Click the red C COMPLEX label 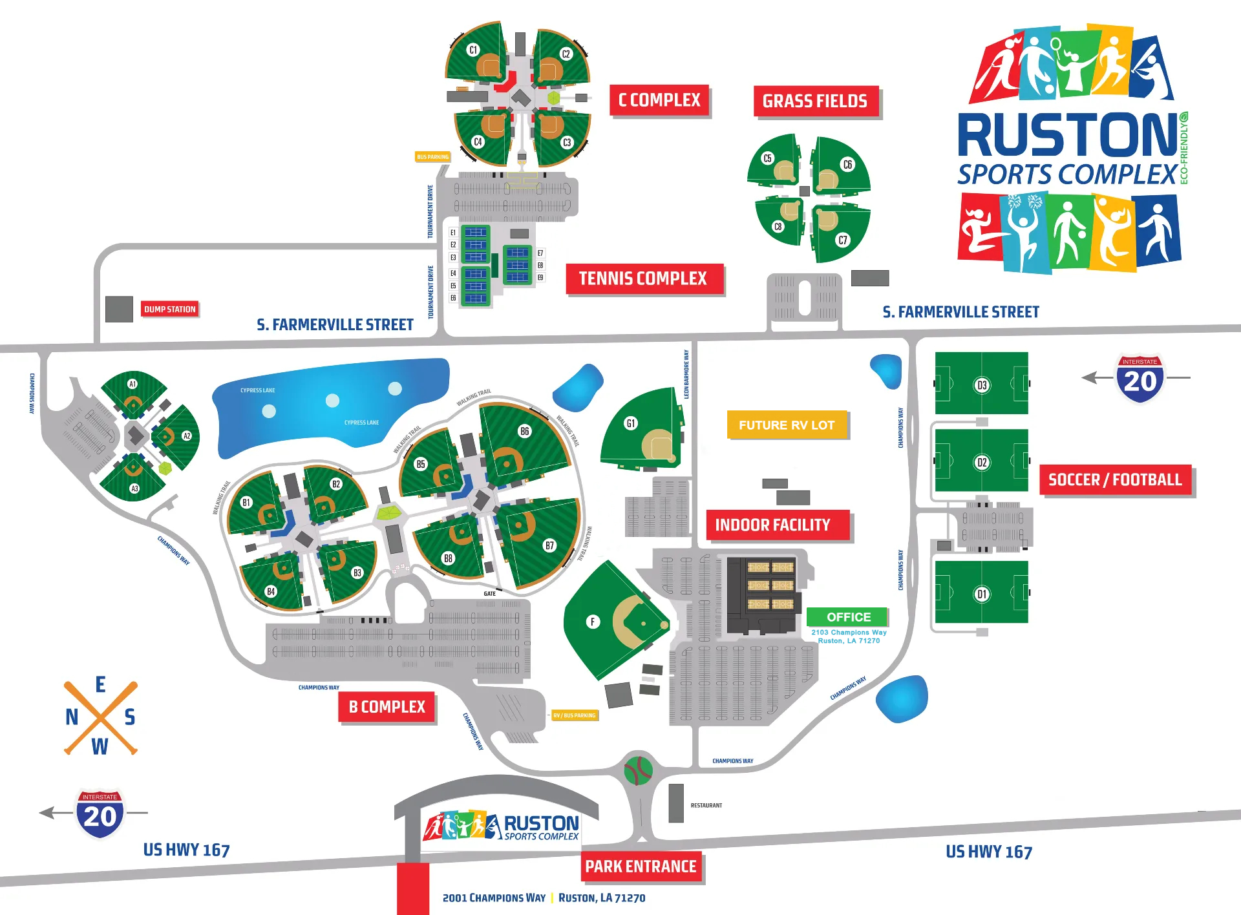tap(659, 100)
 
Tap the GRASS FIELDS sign tap(815, 101)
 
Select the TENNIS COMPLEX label tap(643, 279)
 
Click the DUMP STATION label tap(169, 310)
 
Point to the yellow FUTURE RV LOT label tap(787, 425)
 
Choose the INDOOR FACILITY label tap(772, 525)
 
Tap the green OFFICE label tap(849, 617)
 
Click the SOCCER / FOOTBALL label tap(1115, 479)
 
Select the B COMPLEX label tap(387, 707)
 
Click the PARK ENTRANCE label tap(641, 867)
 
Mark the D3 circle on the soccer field tap(982, 385)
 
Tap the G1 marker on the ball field tap(631, 423)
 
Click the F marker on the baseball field tap(593, 622)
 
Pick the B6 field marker tap(524, 431)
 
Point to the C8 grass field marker tap(778, 227)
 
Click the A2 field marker tap(187, 436)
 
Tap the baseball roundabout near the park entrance tap(639, 770)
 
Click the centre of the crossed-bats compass tap(100, 717)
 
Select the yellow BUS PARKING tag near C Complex tap(432, 157)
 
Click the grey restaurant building tap(676, 803)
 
